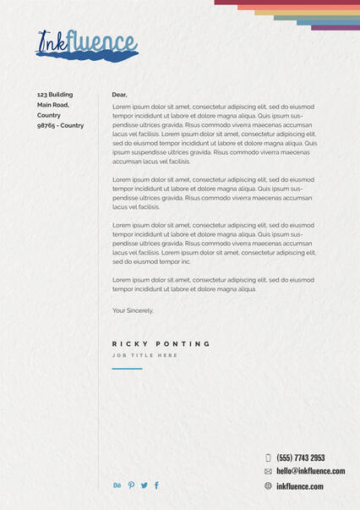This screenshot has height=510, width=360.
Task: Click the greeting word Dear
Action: tap(119, 95)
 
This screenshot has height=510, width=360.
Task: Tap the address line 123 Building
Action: tap(55, 95)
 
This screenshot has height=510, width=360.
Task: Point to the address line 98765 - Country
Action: tap(60, 125)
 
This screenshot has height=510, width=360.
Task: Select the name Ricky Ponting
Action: tap(161, 344)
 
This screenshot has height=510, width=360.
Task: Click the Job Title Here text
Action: tap(145, 355)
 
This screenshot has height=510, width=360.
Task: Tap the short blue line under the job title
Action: tap(127, 369)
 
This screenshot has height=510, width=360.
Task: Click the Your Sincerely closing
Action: tap(133, 310)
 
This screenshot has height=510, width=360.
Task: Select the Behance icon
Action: tap(117, 485)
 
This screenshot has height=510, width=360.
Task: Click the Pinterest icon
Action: tap(131, 485)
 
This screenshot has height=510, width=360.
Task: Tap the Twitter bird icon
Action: tap(144, 485)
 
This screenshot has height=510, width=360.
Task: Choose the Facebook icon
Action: tap(156, 485)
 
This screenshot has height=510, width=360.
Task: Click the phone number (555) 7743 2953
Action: tap(300, 458)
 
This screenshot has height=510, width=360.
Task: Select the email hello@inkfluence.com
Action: tap(310, 471)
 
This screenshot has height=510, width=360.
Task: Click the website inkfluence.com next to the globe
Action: tap(299, 486)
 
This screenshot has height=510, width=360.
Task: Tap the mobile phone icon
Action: tap(268, 458)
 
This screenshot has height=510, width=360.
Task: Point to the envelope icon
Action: tap(268, 471)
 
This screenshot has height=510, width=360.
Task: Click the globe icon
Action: tap(268, 486)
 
